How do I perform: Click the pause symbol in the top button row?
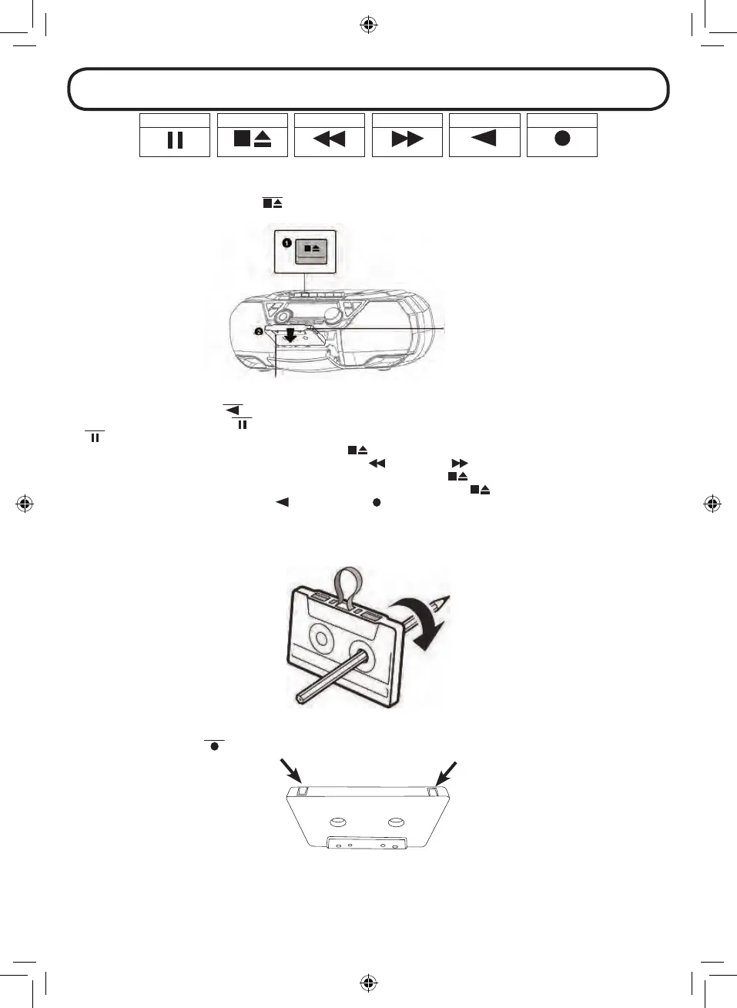(x=175, y=140)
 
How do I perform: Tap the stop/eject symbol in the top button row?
(x=253, y=139)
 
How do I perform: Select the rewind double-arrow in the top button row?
(x=330, y=139)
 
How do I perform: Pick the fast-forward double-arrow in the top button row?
(x=407, y=139)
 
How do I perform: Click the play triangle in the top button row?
(x=484, y=138)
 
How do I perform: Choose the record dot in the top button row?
(x=562, y=139)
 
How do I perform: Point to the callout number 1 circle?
(x=286, y=243)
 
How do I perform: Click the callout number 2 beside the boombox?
(x=259, y=332)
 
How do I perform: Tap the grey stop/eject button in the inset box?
(x=312, y=249)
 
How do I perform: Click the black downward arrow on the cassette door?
(x=290, y=334)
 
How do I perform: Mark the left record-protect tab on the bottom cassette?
(x=301, y=791)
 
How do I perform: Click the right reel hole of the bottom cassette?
(x=397, y=822)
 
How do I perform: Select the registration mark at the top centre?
(x=368, y=25)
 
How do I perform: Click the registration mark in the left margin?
(x=25, y=504)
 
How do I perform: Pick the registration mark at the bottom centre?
(x=368, y=983)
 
